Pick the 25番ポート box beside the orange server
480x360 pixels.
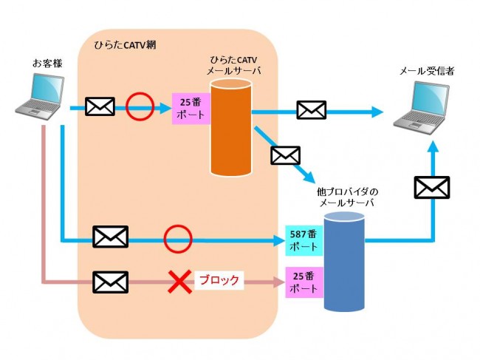coord(191,109)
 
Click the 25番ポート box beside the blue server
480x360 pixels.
coord(303,282)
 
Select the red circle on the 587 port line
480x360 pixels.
coord(177,239)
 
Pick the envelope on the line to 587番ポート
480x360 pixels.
coord(110,237)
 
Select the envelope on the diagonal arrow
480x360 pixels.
coord(286,155)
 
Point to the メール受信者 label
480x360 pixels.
coord(426,71)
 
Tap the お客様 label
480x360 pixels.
coord(47,64)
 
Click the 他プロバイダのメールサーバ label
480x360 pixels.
coord(345,197)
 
